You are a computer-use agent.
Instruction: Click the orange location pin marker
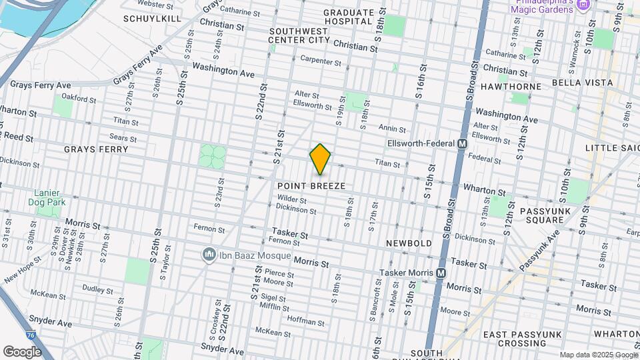point(320,159)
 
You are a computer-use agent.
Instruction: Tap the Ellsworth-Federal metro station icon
point(462,144)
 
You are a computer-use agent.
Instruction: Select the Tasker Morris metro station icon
point(441,273)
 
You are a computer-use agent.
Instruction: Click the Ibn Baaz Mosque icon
point(209,255)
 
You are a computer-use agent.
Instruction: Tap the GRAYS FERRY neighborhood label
point(96,149)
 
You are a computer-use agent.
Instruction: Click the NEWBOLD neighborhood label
point(409,244)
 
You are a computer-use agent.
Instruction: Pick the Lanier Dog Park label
point(50,197)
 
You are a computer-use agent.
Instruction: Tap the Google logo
point(22,351)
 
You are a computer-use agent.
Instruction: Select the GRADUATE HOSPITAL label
point(347,17)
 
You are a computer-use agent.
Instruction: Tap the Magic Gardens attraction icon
point(584,6)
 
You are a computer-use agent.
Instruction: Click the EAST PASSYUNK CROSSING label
point(515,339)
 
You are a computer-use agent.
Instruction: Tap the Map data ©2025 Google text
point(597,355)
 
